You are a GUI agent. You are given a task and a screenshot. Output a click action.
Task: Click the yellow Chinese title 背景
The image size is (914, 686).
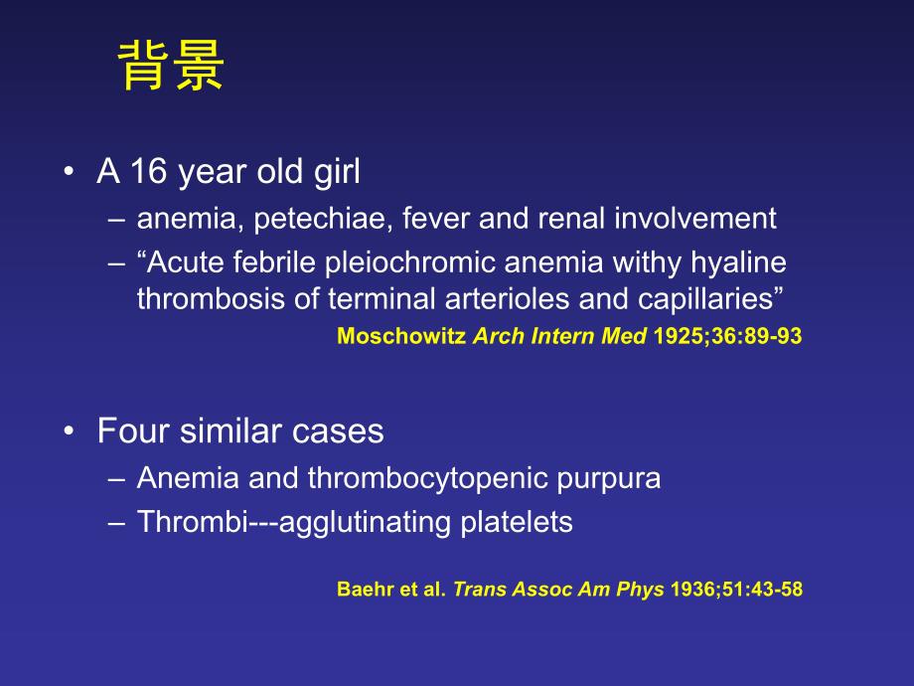[x=172, y=68]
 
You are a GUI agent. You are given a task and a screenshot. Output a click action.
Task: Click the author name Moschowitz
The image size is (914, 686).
[x=401, y=336]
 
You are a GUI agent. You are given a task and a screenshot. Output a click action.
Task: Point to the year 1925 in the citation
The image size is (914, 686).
[x=677, y=336]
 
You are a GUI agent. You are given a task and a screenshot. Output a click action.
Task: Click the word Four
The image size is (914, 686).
[x=129, y=431]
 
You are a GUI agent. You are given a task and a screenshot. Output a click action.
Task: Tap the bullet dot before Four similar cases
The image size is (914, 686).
[x=68, y=431]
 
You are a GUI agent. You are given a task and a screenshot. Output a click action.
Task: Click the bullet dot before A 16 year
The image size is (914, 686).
[x=68, y=173]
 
